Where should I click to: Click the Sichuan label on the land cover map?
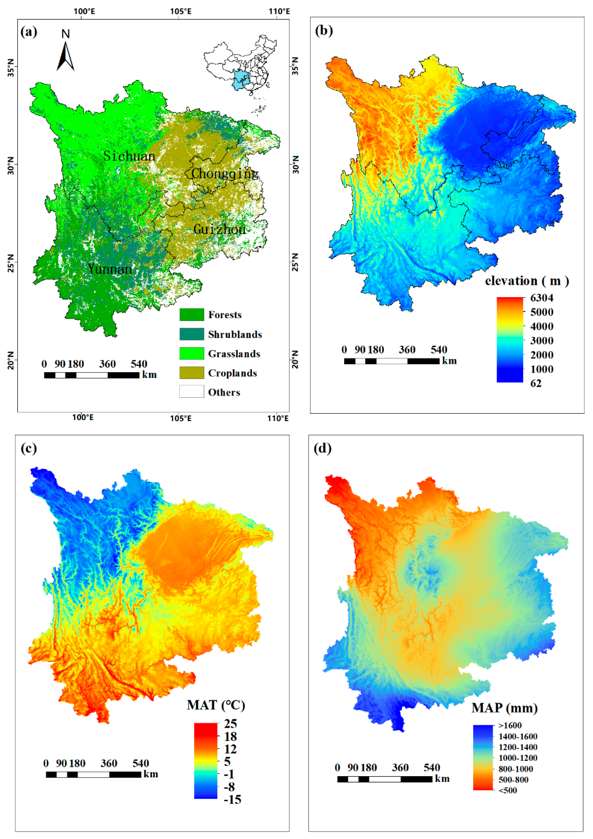pos(129,156)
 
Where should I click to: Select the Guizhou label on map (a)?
pos(220,229)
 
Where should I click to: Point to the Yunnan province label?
pos(110,269)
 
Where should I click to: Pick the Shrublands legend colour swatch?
pos(192,334)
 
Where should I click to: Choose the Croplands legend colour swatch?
pos(192,373)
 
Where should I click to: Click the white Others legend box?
pos(192,392)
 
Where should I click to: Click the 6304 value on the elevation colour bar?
pos(541,298)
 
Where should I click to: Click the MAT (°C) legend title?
pos(216,705)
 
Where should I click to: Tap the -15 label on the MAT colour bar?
pos(232,800)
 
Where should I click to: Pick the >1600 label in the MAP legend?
pos(510,725)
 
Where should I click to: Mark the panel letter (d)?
pos(322,448)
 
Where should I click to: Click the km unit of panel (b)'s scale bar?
pos(449,361)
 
